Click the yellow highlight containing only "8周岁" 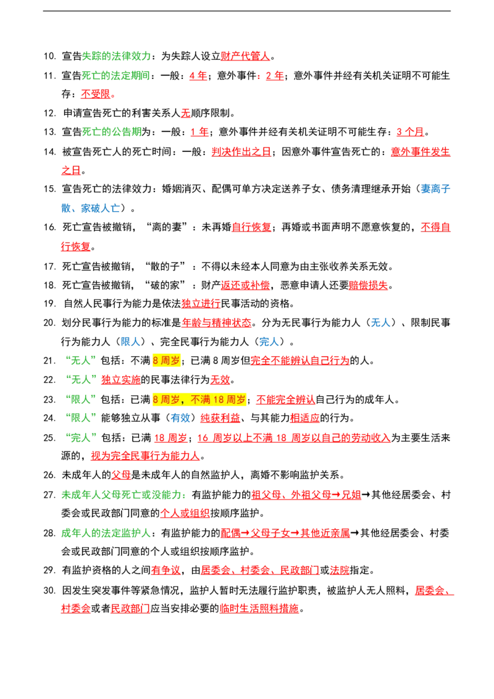[165, 361]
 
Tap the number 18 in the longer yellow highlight [221, 400]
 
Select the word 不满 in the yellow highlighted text [201, 400]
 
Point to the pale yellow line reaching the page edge [371, 408]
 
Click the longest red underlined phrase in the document [293, 438]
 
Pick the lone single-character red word [185, 113]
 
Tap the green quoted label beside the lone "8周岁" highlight [81, 360]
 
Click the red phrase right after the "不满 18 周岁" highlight [285, 399]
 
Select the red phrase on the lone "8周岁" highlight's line [300, 360]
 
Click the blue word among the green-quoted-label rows [180, 418]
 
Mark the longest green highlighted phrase [123, 495]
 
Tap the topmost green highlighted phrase [117, 57]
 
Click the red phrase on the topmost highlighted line [245, 57]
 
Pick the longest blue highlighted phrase [90, 209]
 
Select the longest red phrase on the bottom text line [259, 609]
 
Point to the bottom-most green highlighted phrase [106, 533]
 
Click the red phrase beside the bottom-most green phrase [285, 533]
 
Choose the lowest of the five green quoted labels [81, 437]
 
